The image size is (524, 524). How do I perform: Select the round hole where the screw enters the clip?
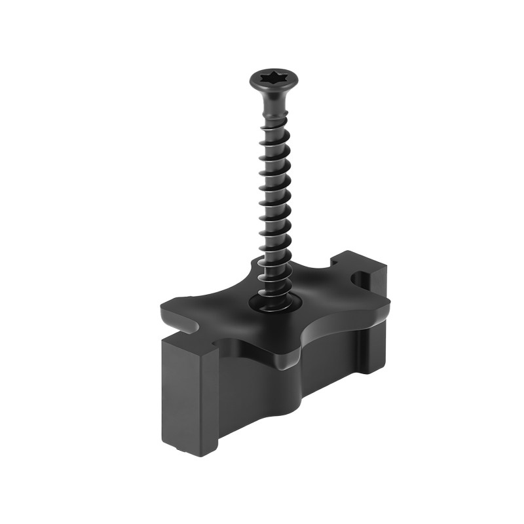[x=276, y=303]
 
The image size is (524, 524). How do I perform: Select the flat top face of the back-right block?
[x=360, y=262]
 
